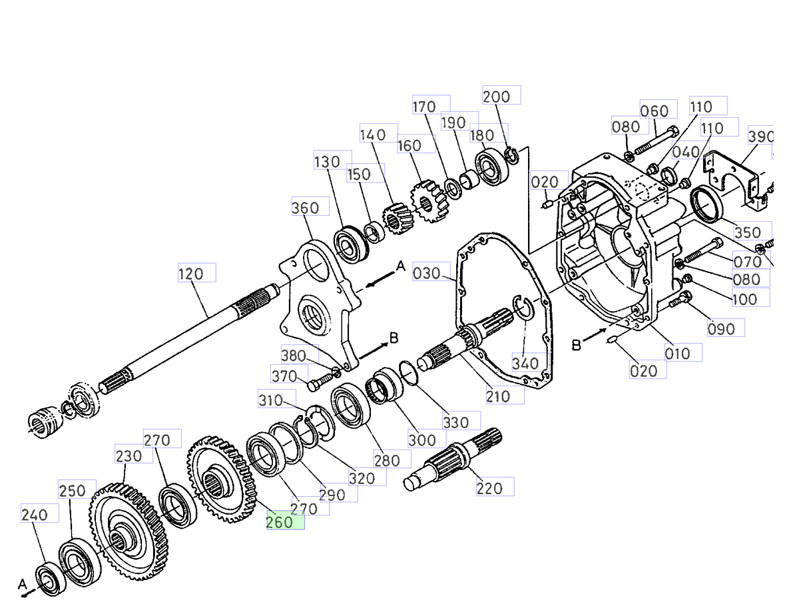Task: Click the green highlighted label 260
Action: pyautogui.click(x=285, y=522)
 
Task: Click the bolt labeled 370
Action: pyautogui.click(x=316, y=384)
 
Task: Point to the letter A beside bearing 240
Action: pyautogui.click(x=23, y=584)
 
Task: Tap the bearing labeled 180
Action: pyautogui.click(x=493, y=168)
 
